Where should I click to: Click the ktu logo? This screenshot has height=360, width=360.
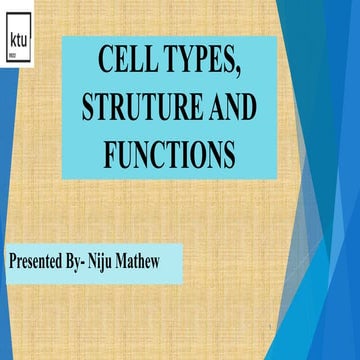pyautogui.click(x=17, y=42)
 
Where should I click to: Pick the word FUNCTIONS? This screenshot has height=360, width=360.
pyautogui.click(x=169, y=154)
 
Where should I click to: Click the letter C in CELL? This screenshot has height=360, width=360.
pyautogui.click(x=105, y=61)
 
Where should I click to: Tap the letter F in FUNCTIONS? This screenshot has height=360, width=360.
pyautogui.click(x=111, y=154)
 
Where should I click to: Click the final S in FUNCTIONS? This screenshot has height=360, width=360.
pyautogui.click(x=228, y=154)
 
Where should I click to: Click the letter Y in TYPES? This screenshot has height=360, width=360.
pyautogui.click(x=186, y=61)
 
